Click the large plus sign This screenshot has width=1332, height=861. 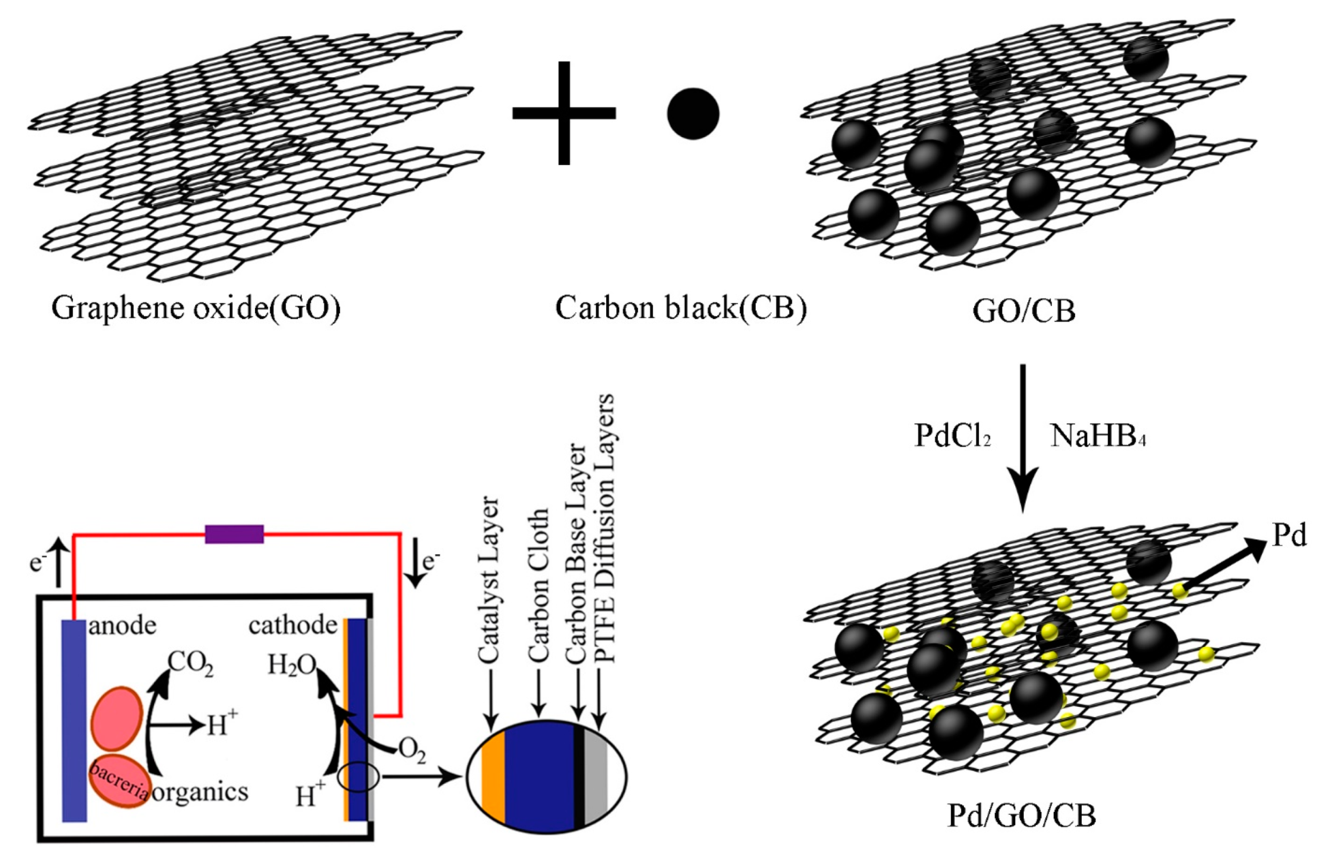pyautogui.click(x=563, y=113)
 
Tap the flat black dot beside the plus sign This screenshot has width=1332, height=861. pyautogui.click(x=693, y=113)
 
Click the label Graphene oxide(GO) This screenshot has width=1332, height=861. pyautogui.click(x=196, y=308)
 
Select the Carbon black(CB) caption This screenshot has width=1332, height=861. pyautogui.click(x=680, y=308)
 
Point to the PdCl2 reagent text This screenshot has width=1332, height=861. pyautogui.click(x=952, y=436)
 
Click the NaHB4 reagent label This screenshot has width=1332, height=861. pyautogui.click(x=1097, y=436)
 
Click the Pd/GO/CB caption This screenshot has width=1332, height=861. pyautogui.click(x=1021, y=816)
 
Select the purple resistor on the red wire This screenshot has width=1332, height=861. pyautogui.click(x=234, y=534)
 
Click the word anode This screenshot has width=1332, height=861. pyautogui.click(x=123, y=625)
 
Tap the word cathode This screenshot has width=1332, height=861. pyautogui.click(x=292, y=625)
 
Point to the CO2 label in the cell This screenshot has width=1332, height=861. pyautogui.click(x=190, y=663)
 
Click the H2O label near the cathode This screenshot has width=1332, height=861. pyautogui.click(x=291, y=665)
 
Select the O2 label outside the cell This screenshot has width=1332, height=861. pyautogui.click(x=412, y=750)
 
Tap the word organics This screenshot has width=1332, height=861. pyautogui.click(x=200, y=792)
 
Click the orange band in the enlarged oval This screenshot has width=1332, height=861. pyautogui.click(x=494, y=777)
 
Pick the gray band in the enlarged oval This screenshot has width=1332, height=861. pyautogui.click(x=596, y=777)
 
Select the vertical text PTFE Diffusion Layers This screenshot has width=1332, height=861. pyautogui.click(x=605, y=528)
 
